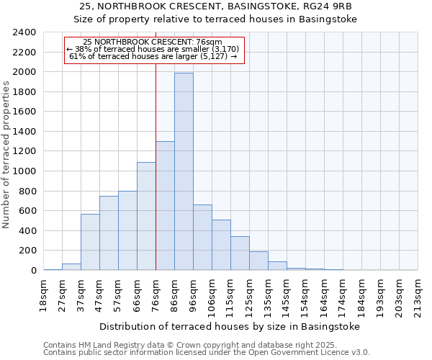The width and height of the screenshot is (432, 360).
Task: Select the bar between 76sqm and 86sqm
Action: tap(165, 205)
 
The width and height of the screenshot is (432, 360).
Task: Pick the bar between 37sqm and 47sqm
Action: tap(90, 242)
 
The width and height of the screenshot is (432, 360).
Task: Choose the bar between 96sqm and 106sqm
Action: tap(202, 238)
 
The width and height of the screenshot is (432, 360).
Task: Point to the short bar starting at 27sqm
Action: tap(71, 266)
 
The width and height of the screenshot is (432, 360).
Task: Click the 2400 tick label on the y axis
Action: tap(24, 32)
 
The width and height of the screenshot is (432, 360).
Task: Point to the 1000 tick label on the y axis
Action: tap(24, 171)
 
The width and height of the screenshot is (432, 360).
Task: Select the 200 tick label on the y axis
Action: tap(27, 251)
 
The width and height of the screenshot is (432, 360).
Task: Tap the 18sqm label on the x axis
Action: tap(44, 294)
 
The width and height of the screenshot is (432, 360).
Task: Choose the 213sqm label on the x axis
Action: tap(418, 296)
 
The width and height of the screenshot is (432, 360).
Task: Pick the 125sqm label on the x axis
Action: tap(249, 296)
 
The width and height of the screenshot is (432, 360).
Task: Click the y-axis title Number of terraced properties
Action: tap(7, 155)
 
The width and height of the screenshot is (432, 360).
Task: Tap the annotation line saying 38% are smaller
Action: tap(155, 49)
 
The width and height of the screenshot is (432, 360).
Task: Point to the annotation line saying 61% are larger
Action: tap(155, 56)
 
